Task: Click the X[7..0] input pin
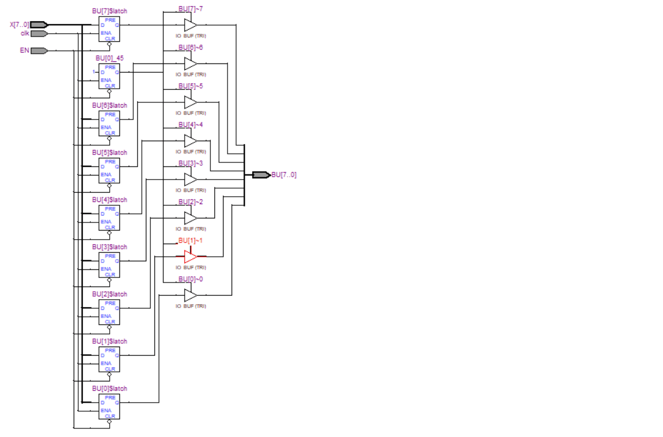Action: [x=39, y=25]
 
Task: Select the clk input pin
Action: [x=39, y=33]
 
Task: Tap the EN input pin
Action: [x=39, y=50]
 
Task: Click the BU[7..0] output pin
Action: [x=261, y=175]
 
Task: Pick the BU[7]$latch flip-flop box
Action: [x=109, y=29]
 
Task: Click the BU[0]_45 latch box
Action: [x=109, y=76]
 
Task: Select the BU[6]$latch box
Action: [x=109, y=124]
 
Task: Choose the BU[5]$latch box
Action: [x=109, y=170]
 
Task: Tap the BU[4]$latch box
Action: [x=109, y=218]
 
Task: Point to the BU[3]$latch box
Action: [x=109, y=265]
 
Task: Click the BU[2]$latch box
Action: [x=109, y=312]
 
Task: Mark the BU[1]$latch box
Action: [x=109, y=359]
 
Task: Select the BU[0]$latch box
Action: [x=109, y=407]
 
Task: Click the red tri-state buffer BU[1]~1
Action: [x=190, y=256]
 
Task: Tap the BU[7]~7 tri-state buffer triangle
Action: [x=190, y=25]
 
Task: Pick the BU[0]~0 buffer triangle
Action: [x=190, y=295]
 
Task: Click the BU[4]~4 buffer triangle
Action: [x=190, y=141]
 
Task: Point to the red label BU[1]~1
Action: [x=190, y=240]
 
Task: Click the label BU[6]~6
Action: [x=190, y=47]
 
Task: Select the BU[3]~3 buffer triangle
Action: [x=190, y=179]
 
